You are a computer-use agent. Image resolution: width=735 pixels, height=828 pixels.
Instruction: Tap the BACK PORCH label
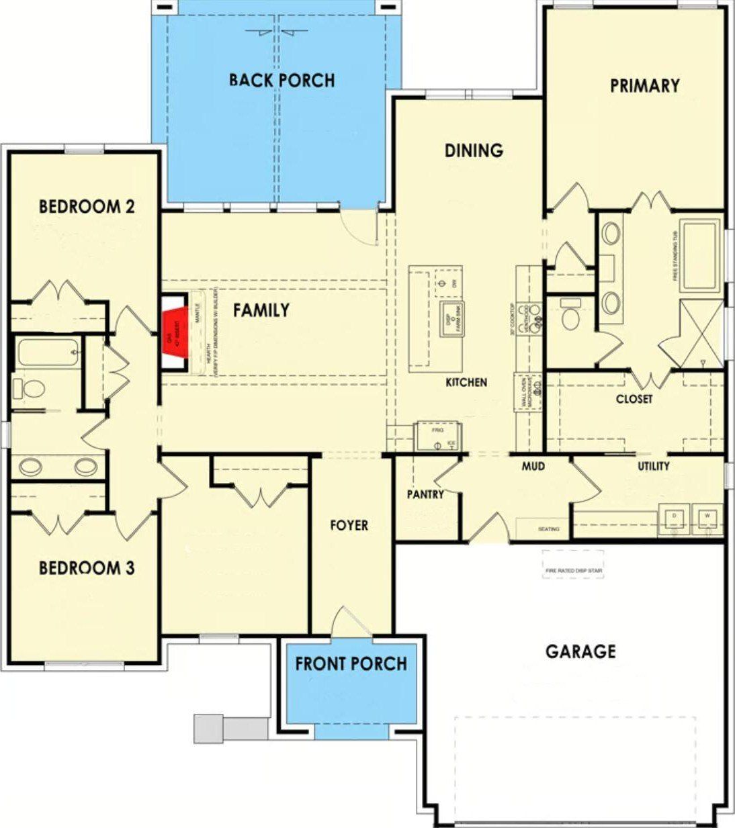click(282, 81)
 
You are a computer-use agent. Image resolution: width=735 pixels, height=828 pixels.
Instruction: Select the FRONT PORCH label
click(351, 664)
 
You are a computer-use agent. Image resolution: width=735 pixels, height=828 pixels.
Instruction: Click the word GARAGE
click(580, 651)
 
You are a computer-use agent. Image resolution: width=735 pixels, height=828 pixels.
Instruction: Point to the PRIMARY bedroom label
click(644, 86)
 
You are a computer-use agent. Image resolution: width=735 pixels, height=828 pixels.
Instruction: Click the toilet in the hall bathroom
click(30, 388)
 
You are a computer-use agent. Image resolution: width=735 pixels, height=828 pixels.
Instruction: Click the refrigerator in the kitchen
click(437, 437)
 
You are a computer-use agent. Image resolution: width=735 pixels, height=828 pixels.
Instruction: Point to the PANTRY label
click(425, 494)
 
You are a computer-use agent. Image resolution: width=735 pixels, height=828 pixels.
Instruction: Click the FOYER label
click(349, 525)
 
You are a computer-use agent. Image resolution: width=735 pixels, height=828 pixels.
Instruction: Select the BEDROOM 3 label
click(87, 568)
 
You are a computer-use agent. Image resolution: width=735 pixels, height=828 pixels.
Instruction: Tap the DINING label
click(474, 150)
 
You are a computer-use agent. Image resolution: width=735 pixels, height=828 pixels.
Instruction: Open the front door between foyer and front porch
click(349, 625)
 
